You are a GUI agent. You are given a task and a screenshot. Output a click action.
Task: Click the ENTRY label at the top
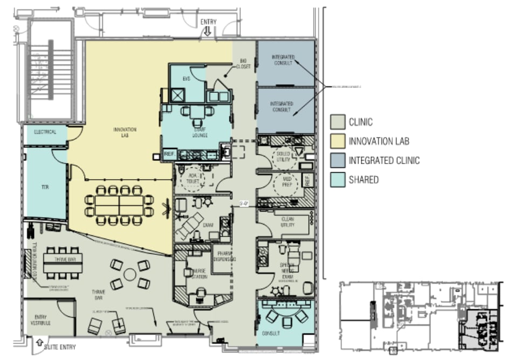208,22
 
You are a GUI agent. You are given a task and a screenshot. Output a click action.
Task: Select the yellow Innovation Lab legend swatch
338,141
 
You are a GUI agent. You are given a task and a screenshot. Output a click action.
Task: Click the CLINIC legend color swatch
338,123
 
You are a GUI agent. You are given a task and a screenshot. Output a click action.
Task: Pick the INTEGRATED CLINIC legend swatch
338,160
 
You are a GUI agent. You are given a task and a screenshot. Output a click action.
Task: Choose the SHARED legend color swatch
338,180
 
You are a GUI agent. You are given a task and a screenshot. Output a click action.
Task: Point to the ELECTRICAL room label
45,132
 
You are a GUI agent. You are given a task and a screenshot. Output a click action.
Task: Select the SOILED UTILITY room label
284,157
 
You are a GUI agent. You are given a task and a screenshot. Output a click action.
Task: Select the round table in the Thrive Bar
130,275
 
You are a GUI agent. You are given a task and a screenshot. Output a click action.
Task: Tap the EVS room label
186,79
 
